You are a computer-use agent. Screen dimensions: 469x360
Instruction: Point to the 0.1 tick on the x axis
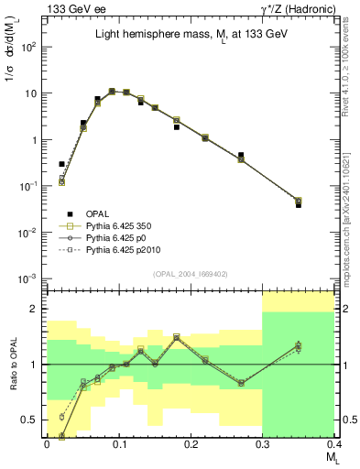pos(118,442)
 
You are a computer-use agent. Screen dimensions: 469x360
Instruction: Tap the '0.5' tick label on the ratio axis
pos(32,420)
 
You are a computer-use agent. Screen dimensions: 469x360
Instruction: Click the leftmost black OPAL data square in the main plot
pos(61,164)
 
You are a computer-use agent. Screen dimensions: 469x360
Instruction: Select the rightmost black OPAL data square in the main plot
pos(323,205)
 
